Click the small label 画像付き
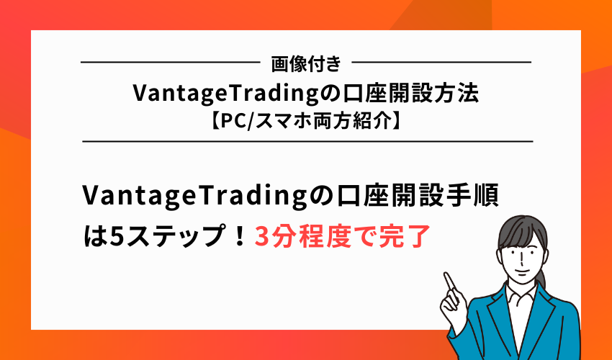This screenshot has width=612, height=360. click(306, 63)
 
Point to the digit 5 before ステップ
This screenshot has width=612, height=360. click(114, 235)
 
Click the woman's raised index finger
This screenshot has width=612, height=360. click(449, 277)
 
